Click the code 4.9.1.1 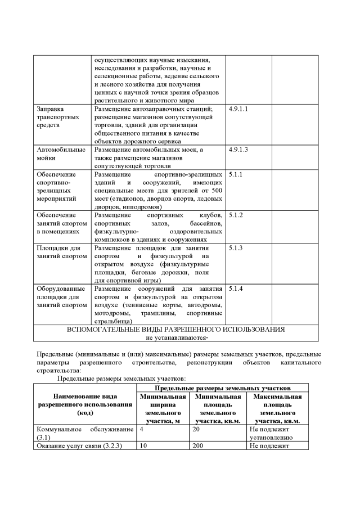point(238,109)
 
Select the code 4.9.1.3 point(238,150)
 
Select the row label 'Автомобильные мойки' point(61,154)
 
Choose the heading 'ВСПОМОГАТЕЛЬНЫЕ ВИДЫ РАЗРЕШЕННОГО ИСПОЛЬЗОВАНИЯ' point(175,329)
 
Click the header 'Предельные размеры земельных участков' point(222,389)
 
